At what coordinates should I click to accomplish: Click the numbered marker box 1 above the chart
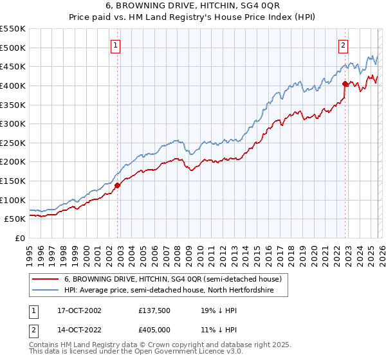click(x=115, y=45)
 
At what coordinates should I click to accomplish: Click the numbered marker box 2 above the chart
click(x=344, y=45)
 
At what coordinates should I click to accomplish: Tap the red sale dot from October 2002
click(x=118, y=185)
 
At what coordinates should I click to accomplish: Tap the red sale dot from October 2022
click(x=345, y=84)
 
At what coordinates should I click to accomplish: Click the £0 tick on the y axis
click(x=21, y=238)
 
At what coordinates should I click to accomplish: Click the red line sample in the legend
click(x=45, y=280)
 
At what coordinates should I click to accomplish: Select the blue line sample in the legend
click(x=45, y=291)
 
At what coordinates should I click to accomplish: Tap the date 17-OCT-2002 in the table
click(x=76, y=310)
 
